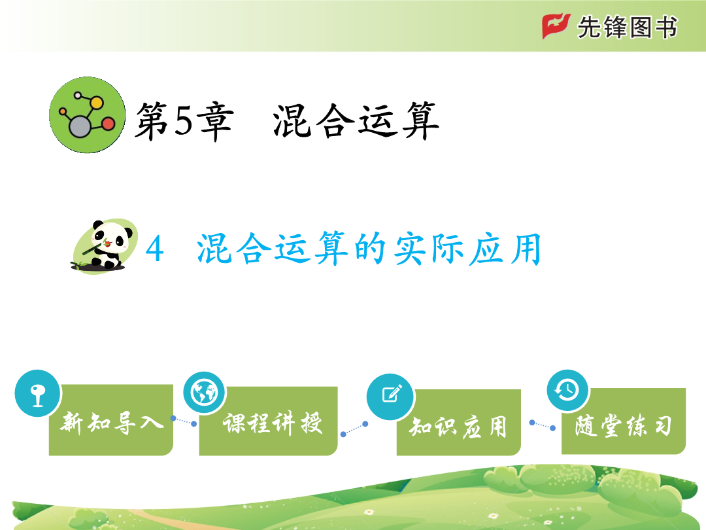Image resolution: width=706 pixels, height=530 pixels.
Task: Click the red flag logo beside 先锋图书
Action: (x=556, y=26)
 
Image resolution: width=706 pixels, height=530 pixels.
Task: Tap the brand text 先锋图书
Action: (x=627, y=27)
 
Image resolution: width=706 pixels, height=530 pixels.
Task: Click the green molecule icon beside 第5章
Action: (x=88, y=115)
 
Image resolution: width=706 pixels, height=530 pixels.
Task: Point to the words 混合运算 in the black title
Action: (x=356, y=121)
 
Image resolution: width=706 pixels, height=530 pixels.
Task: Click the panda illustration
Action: (x=105, y=246)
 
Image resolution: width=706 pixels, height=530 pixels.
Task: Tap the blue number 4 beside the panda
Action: (x=154, y=249)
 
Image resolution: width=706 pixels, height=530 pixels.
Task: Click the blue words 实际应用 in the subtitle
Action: (x=467, y=249)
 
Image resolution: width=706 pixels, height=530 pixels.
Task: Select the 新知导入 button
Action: (x=110, y=419)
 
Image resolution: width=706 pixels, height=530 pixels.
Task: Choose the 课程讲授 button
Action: (x=269, y=421)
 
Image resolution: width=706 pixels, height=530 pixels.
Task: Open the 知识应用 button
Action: (x=459, y=422)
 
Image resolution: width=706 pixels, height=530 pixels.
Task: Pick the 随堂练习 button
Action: (x=624, y=421)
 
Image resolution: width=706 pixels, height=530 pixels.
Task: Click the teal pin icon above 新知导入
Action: (x=37, y=393)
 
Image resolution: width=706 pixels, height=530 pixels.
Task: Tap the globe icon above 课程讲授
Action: (x=205, y=393)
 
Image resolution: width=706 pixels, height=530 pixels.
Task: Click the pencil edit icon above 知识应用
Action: (x=390, y=397)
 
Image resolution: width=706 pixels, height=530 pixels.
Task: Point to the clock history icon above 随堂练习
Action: (x=567, y=390)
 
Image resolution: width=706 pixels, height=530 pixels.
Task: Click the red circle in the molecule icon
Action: (x=109, y=124)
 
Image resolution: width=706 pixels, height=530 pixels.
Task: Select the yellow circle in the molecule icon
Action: (x=96, y=103)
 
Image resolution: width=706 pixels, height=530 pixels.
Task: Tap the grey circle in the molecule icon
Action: (x=80, y=126)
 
